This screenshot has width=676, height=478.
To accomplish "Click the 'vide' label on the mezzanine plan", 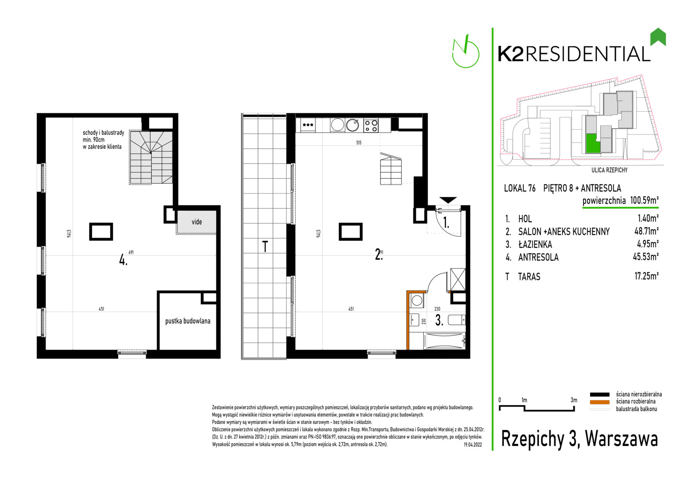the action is (x=197, y=222).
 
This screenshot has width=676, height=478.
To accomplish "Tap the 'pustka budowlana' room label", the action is (x=188, y=321).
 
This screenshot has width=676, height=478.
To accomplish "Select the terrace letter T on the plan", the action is (x=265, y=247).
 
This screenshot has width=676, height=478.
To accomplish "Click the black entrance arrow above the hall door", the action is (x=448, y=200).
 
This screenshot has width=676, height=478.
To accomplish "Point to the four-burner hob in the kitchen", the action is (x=371, y=125).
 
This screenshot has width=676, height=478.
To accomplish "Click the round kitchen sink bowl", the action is (x=352, y=125).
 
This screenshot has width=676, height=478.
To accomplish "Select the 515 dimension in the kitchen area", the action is (x=358, y=143).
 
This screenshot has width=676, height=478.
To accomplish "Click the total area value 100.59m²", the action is (x=644, y=200).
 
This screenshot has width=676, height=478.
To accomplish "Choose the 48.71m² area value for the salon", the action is (x=646, y=231).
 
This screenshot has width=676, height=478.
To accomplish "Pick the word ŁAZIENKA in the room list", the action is (x=535, y=244).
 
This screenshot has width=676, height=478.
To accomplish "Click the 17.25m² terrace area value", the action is (x=646, y=276).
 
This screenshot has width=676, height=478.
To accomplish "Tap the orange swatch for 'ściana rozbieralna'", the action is (x=599, y=402).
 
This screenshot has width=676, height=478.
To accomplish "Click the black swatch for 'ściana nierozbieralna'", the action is (x=599, y=394).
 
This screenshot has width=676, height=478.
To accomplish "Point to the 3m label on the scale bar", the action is (x=574, y=400).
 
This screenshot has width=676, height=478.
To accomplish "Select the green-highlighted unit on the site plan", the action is (x=591, y=143).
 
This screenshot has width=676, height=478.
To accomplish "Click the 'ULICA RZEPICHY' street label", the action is (x=609, y=170).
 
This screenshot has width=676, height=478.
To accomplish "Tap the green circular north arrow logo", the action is (x=465, y=51).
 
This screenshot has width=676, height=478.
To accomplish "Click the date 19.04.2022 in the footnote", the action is (x=472, y=445).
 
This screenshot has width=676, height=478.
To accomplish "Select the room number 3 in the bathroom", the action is (x=439, y=320).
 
